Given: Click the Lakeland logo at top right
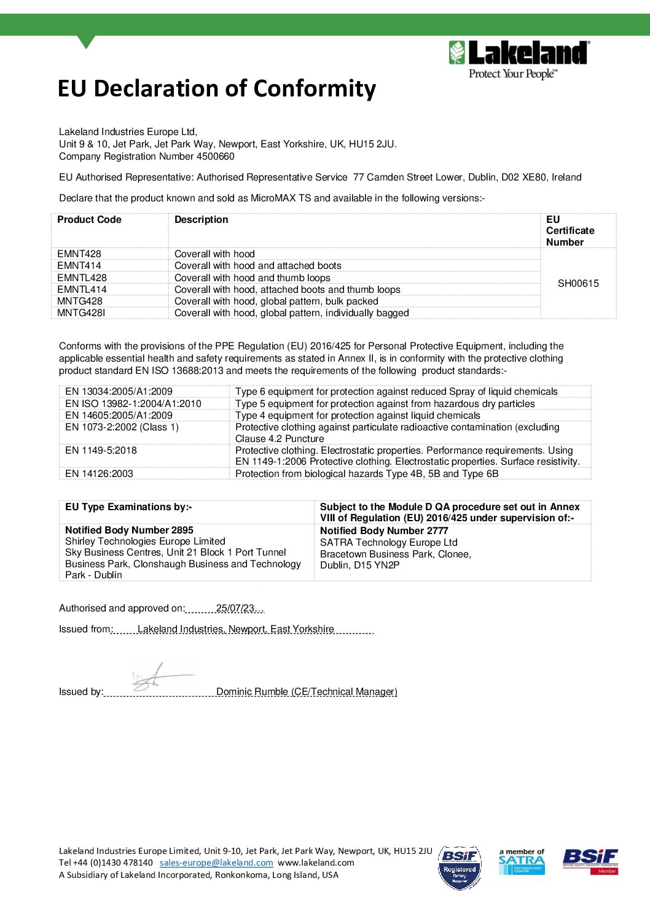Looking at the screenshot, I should [519, 60].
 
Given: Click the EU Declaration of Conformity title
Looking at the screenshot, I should [216, 88].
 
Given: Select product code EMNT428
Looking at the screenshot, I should [79, 254].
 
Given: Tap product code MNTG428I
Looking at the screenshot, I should [81, 313].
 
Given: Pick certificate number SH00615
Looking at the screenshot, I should [578, 283].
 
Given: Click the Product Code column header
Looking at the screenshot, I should [89, 220].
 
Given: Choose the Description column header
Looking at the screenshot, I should [201, 220].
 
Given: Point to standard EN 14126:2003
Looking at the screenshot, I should [99, 474].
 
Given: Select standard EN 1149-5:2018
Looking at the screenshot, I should [101, 451].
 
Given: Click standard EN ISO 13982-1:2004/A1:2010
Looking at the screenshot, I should [133, 404].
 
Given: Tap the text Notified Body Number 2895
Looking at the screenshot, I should [129, 530].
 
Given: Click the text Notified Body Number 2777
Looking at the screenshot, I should [384, 530].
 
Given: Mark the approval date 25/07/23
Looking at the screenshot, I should [235, 608].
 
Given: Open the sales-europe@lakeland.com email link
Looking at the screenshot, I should [216, 863].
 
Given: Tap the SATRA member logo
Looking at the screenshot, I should [522, 862].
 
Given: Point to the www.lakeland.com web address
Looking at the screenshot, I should [316, 863].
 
